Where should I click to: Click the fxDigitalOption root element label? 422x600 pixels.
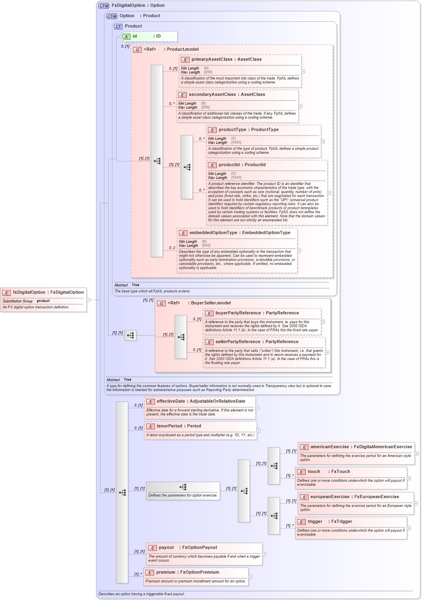click(x=29, y=292)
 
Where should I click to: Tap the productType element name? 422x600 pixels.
click(x=232, y=130)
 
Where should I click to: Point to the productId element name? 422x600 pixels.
click(x=229, y=165)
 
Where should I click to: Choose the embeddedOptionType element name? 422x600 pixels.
click(x=213, y=233)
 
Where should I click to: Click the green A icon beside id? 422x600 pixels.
click(x=126, y=36)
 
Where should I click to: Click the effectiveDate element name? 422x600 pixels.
click(x=171, y=401)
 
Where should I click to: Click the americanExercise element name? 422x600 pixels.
click(x=329, y=447)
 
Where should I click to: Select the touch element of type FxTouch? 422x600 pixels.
click(x=314, y=472)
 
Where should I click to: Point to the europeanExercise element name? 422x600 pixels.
click(x=330, y=497)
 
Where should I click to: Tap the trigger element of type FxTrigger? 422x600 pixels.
click(x=315, y=522)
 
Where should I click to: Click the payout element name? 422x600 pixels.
click(x=166, y=548)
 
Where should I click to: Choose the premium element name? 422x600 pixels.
click(x=165, y=572)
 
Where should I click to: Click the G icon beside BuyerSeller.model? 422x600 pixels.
click(x=161, y=304)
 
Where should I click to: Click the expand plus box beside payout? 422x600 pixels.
click(x=264, y=554)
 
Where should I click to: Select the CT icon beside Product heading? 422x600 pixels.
click(x=118, y=27)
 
